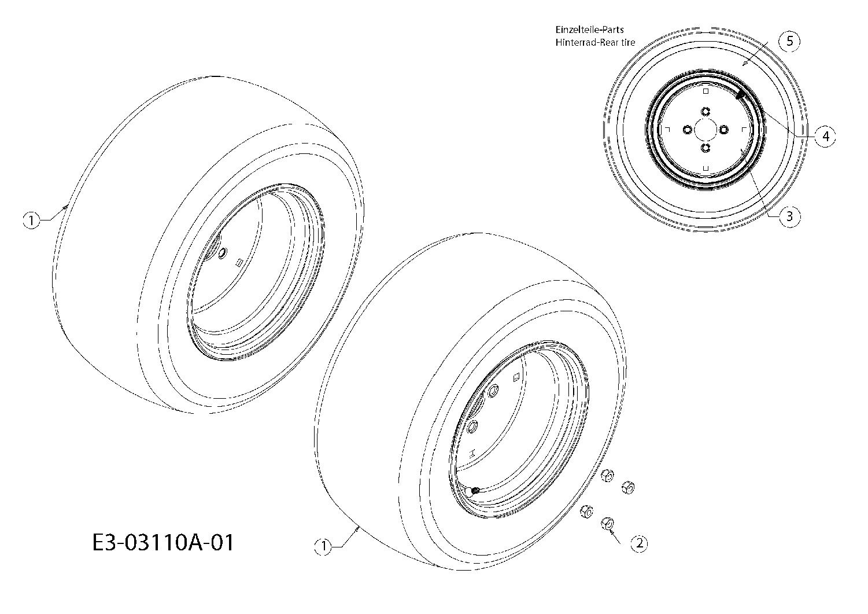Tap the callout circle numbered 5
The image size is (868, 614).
tap(790, 41)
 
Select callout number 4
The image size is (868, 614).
tap(825, 136)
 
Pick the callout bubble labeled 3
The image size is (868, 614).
tap(790, 216)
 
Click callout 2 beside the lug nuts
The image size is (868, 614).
tap(639, 543)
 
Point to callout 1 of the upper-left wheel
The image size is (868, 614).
tap(31, 220)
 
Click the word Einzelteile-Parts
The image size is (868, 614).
tap(589, 30)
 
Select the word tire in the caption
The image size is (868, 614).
tap(628, 42)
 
